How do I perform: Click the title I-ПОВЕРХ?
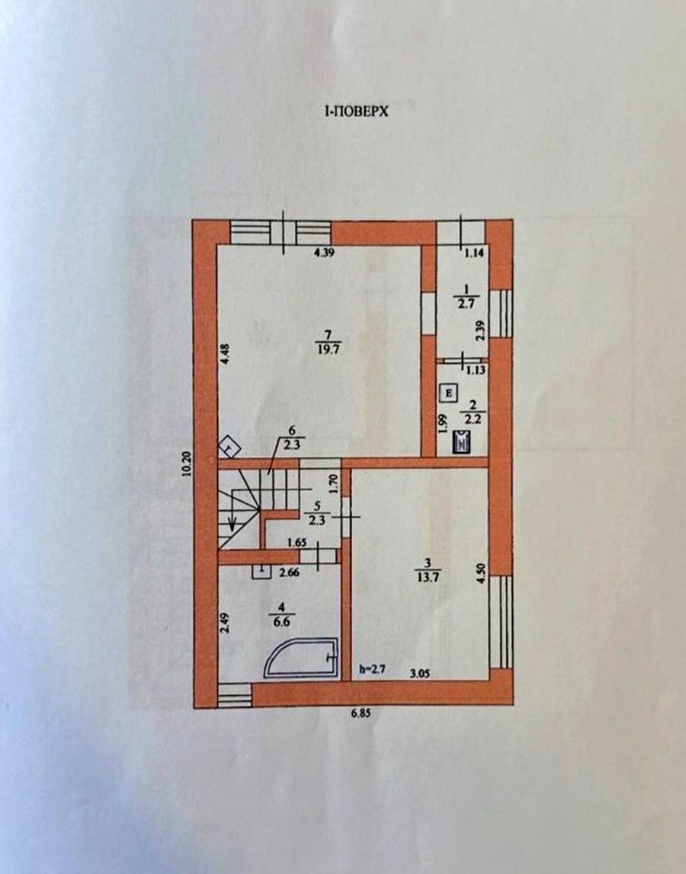(356, 111)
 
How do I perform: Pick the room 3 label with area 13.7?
(428, 569)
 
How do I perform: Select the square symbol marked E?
(448, 393)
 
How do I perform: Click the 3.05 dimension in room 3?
(420, 673)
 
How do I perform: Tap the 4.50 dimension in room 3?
(481, 573)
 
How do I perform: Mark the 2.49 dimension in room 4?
(224, 621)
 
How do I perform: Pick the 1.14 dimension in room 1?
(474, 253)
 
